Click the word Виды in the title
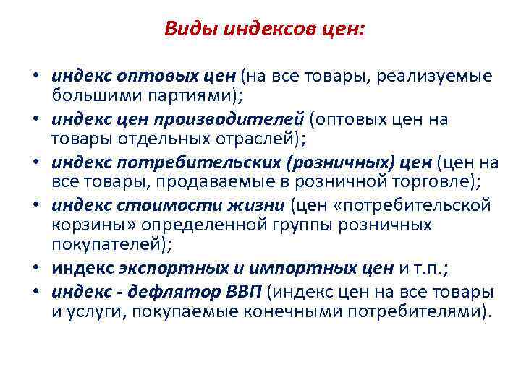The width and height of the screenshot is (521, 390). [x=187, y=30]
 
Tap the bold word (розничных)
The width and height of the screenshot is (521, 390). [x=279, y=163]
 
